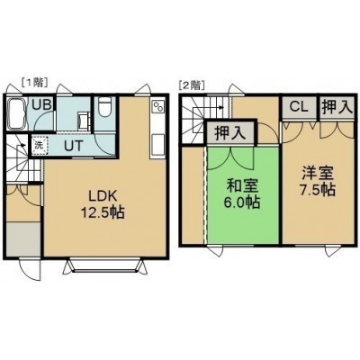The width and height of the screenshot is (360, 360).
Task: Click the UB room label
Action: [x=42, y=105]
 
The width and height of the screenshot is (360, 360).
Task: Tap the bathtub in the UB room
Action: [x=15, y=113]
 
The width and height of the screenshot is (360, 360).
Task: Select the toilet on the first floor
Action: [x=105, y=107]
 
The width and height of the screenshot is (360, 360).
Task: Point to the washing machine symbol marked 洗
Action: [x=40, y=146]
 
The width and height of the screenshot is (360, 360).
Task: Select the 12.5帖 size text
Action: [x=102, y=212]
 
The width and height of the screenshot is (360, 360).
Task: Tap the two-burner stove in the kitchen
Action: [x=157, y=106]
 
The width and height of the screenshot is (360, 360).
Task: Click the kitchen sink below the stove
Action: [x=157, y=145]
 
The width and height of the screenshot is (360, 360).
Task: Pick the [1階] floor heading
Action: [x=34, y=83]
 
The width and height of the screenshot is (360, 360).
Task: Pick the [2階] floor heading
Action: [x=192, y=85]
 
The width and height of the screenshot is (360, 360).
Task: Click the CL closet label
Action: [x=299, y=107]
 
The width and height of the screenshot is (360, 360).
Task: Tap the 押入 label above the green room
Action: [x=230, y=132]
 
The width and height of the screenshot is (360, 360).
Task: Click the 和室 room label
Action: [x=242, y=186]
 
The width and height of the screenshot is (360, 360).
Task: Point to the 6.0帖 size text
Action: [x=241, y=202]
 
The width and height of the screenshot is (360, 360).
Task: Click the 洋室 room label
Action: [x=318, y=173]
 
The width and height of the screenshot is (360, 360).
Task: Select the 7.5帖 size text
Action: [x=318, y=189]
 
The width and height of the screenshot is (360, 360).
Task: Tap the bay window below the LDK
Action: [x=104, y=265]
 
